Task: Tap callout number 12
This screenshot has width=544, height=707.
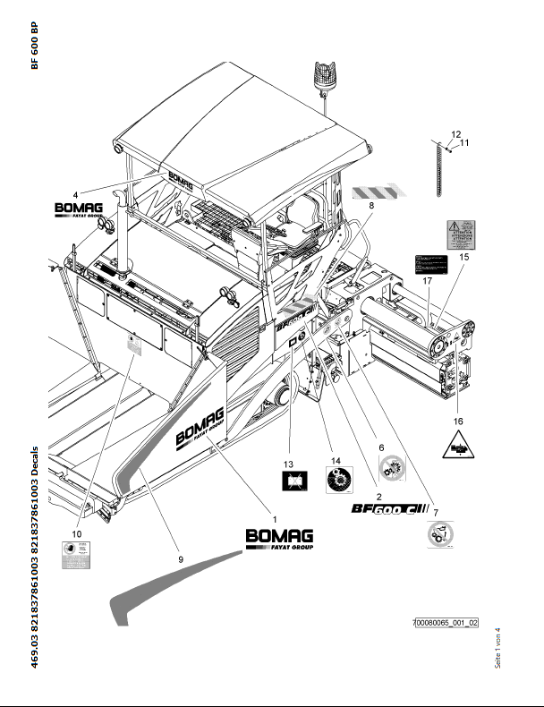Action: coord(455,133)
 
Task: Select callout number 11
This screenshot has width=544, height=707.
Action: coord(464,143)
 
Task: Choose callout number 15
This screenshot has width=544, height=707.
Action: coord(463,257)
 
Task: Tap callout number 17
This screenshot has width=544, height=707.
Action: coord(428,281)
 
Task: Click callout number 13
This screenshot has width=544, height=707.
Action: coord(289,464)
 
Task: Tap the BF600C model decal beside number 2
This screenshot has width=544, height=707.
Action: coord(390,510)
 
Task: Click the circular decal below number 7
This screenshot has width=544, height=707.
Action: coord(438,538)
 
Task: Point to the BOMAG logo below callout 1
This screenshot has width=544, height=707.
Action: coord(280,539)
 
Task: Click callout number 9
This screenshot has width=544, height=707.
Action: coord(180,559)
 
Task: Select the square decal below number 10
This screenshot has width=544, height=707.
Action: coord(75,556)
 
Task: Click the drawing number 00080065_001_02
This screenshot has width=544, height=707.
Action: coord(446,622)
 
